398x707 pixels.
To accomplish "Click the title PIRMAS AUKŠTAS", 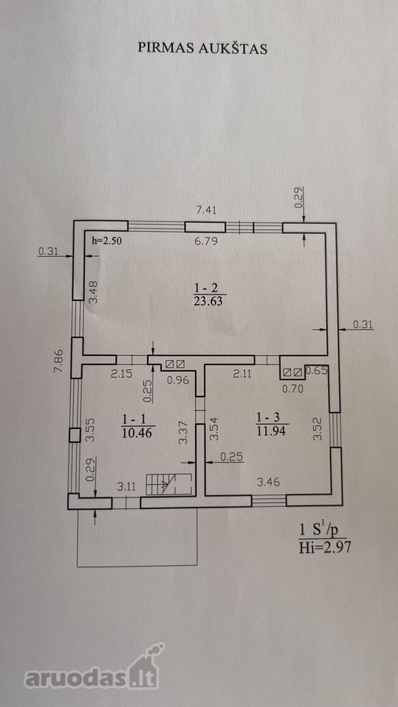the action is point(202,49).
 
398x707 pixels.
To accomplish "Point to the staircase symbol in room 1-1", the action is point(169,484).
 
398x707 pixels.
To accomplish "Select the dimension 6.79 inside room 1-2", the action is point(205,241).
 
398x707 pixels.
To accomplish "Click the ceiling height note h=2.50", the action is point(107,240).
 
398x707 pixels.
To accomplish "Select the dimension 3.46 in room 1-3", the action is point(269,482).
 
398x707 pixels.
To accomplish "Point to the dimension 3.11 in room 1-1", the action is point(127,486).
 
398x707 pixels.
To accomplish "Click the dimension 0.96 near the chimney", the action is point(177,380).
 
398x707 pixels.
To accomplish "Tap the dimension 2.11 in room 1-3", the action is point(242,373).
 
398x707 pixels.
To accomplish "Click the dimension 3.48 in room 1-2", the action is point(94,293).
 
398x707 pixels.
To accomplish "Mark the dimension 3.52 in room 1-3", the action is point(318,430).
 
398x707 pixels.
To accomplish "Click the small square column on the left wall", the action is point(75,435).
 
